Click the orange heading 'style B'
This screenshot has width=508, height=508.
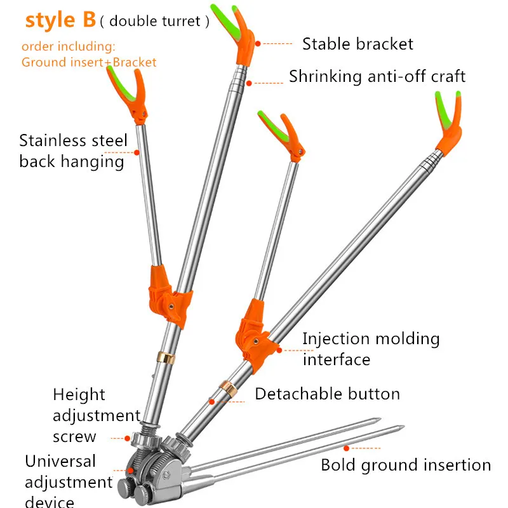pyautogui.click(x=60, y=20)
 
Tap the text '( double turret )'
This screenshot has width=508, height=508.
pyautogui.click(x=154, y=22)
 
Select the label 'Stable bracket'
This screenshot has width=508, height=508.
pyautogui.click(x=358, y=44)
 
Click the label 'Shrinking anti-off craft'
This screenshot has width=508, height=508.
pyautogui.click(x=377, y=76)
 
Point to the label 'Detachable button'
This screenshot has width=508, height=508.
pyautogui.click(x=327, y=394)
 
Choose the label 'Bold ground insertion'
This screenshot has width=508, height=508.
pyautogui.click(x=406, y=465)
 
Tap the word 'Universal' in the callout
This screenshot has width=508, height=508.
pyautogui.click(x=60, y=461)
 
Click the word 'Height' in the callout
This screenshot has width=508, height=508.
pyautogui.click(x=79, y=395)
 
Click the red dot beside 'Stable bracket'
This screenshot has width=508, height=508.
pyautogui.click(x=258, y=43)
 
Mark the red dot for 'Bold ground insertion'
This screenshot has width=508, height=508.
pyautogui.click(x=346, y=448)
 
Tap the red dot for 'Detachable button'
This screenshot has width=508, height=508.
pyautogui.click(x=212, y=402)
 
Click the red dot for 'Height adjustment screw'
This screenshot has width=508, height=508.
pyautogui.click(x=128, y=438)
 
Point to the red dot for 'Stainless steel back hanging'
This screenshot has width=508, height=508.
pyautogui.click(x=137, y=152)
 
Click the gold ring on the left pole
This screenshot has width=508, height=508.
pyautogui.click(x=166, y=358)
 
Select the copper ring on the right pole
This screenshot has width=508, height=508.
pyautogui.click(x=229, y=389)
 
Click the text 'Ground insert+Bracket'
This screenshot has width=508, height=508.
pyautogui.click(x=89, y=62)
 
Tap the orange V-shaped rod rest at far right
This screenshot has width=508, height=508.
pyautogui.click(x=450, y=123)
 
